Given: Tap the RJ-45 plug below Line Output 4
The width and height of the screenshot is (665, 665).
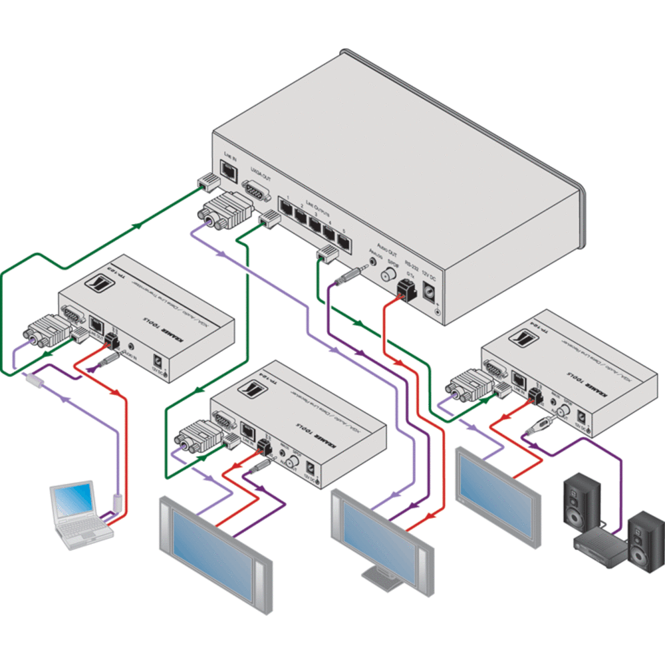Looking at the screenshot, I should coord(327,253).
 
